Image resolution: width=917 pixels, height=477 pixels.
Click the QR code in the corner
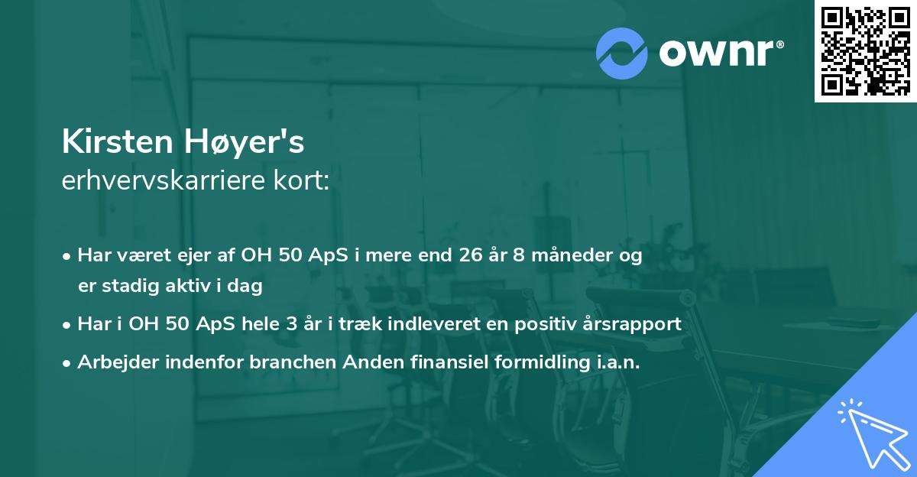(x=865, y=51)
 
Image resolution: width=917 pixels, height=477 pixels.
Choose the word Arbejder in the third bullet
(x=112, y=362)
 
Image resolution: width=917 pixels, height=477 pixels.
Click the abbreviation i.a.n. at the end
(x=616, y=362)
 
